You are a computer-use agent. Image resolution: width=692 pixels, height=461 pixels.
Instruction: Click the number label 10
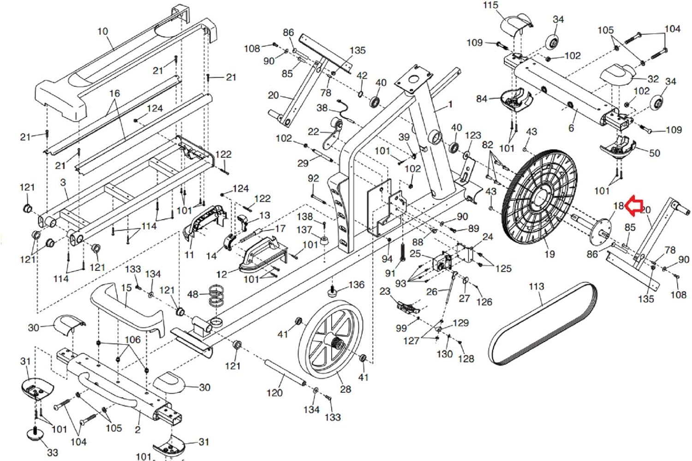[x=102, y=31]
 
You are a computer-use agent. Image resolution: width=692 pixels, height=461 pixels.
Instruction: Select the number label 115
[x=490, y=5]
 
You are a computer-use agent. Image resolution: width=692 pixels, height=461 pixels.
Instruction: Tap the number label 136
[x=356, y=285]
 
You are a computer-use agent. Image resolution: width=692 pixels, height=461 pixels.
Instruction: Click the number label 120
[x=274, y=393]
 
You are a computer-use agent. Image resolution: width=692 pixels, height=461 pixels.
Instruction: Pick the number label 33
[x=53, y=452]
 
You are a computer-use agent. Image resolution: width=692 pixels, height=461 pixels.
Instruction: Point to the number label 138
[x=304, y=216]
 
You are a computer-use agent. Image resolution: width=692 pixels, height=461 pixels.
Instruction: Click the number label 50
[x=654, y=153]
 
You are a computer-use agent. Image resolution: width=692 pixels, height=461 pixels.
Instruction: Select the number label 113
[x=536, y=287]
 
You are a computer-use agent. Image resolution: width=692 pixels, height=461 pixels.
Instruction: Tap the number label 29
[x=303, y=163]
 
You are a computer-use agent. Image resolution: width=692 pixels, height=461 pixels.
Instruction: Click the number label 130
[x=444, y=354]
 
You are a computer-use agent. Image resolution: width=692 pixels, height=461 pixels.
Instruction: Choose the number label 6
[x=571, y=128]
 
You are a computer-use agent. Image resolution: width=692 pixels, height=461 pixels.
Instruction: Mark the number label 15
[x=126, y=287]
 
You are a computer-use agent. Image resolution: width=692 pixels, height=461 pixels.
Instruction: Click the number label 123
[x=472, y=135]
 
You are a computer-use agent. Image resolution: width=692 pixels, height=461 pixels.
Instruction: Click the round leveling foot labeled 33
[x=36, y=433]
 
